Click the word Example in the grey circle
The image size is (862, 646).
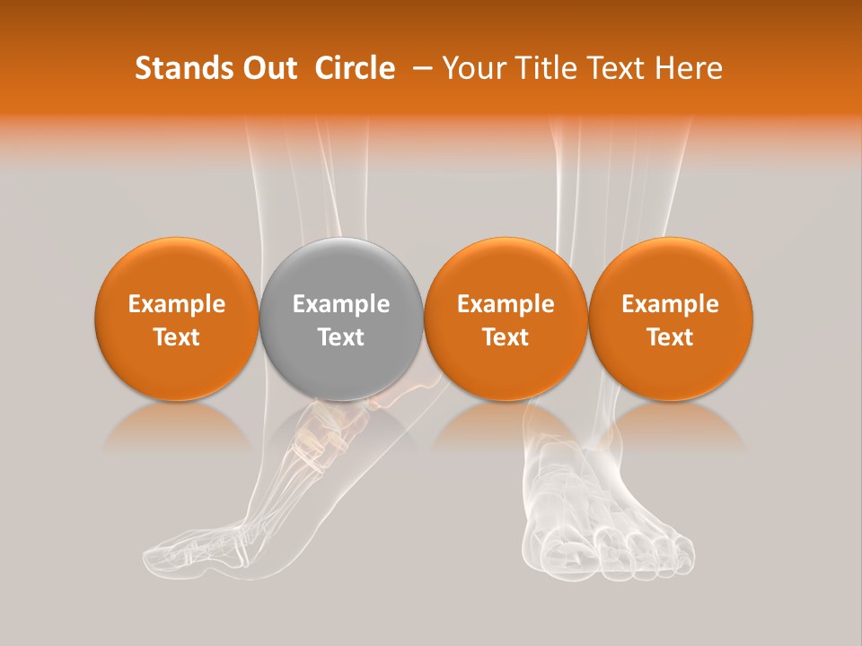pyautogui.click(x=341, y=304)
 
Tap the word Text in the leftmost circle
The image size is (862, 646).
pyautogui.click(x=177, y=337)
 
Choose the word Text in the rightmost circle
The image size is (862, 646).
pyautogui.click(x=671, y=337)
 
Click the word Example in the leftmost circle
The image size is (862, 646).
pyautogui.click(x=177, y=304)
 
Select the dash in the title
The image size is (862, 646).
pyautogui.click(x=418, y=68)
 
